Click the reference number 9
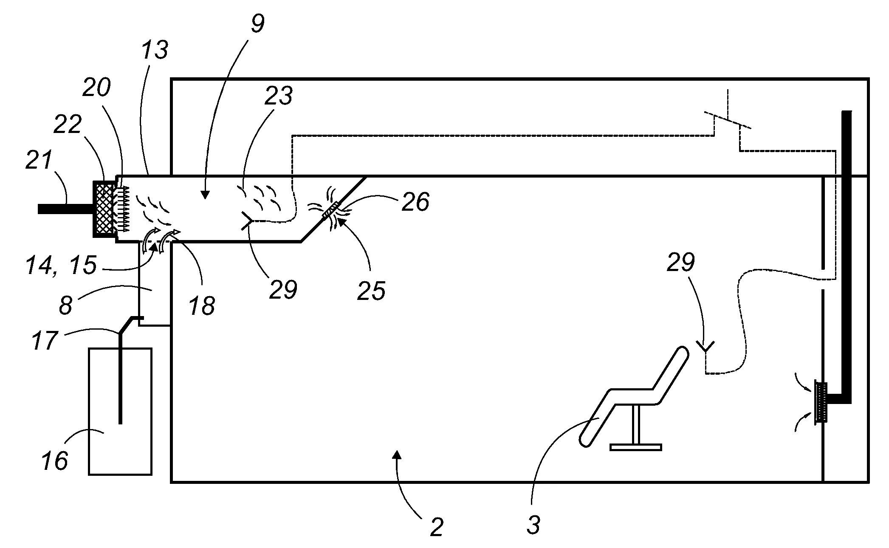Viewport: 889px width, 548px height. pos(257,24)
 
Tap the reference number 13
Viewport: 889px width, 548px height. pos(154,51)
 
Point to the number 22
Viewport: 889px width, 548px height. pos(68,125)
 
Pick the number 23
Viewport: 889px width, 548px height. pos(278,96)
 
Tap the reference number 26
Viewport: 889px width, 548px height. pos(416,201)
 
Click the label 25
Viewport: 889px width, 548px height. pos(371,291)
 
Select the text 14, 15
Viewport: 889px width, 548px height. pos(61,265)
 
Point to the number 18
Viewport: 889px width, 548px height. pos(202,305)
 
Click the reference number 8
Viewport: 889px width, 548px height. pos(65,305)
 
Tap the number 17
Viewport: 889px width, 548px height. pos(45,340)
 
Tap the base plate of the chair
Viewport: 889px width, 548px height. pos(635,447)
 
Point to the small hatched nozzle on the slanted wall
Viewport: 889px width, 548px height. pos(331,210)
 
